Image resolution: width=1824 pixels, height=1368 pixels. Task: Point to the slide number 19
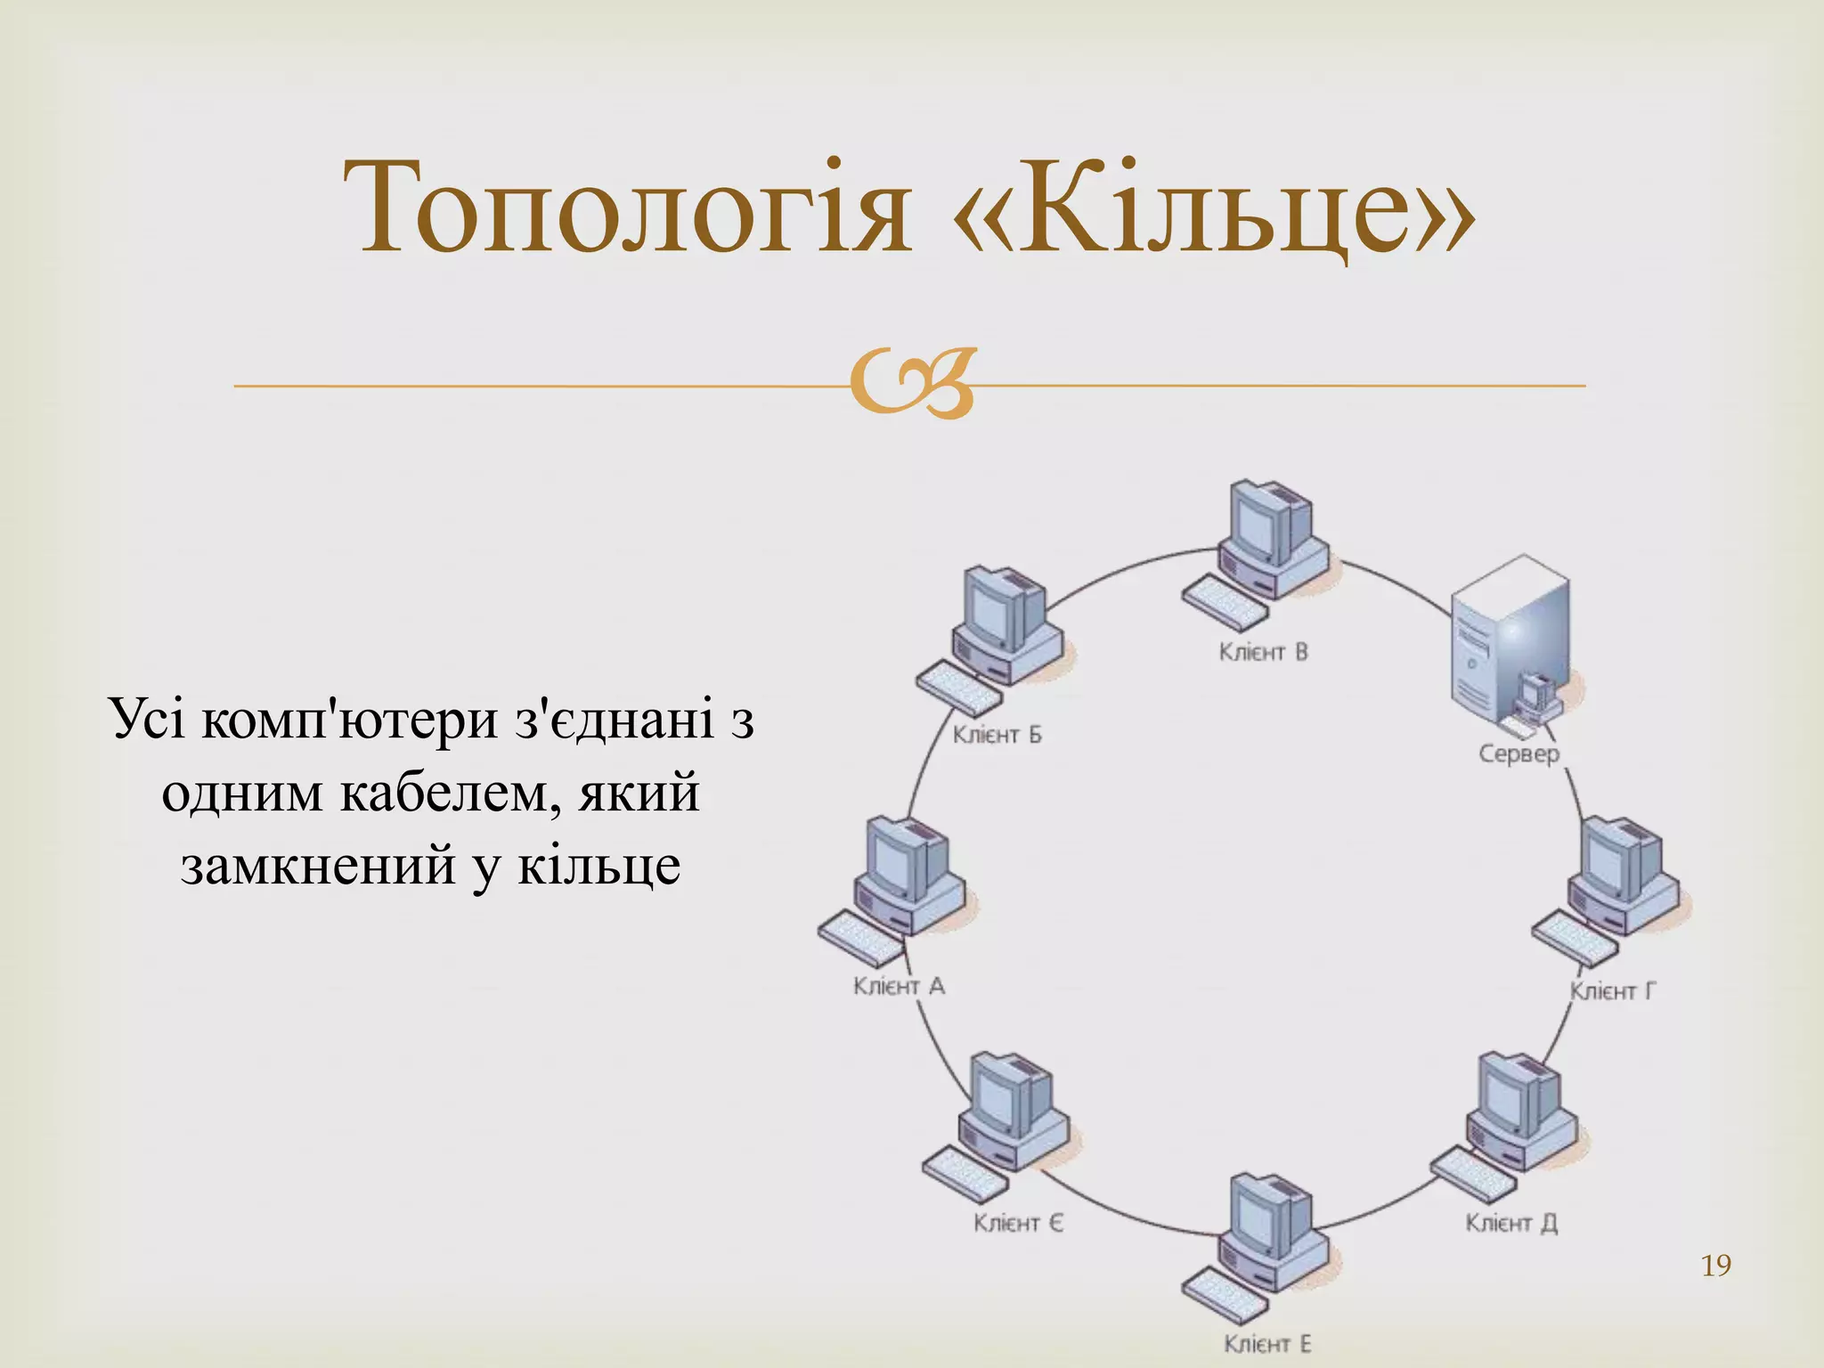pos(1715,1266)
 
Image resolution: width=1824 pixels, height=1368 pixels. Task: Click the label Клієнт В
pos(1263,652)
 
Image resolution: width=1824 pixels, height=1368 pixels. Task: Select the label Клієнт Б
pos(997,735)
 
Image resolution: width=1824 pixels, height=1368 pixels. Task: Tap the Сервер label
pos(1519,753)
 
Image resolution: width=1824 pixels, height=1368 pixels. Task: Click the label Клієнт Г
pos(1612,991)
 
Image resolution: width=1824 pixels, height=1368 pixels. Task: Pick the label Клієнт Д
pos(1510,1223)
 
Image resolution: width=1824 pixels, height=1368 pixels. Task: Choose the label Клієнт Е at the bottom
pos(1266,1343)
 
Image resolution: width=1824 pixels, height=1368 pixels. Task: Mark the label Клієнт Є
pos(1017,1223)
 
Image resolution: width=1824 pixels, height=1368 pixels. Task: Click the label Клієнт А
pos(898,986)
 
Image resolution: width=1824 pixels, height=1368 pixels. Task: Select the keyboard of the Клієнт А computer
pos(860,939)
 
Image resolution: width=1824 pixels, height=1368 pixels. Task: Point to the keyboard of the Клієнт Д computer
pos(1474,1175)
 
